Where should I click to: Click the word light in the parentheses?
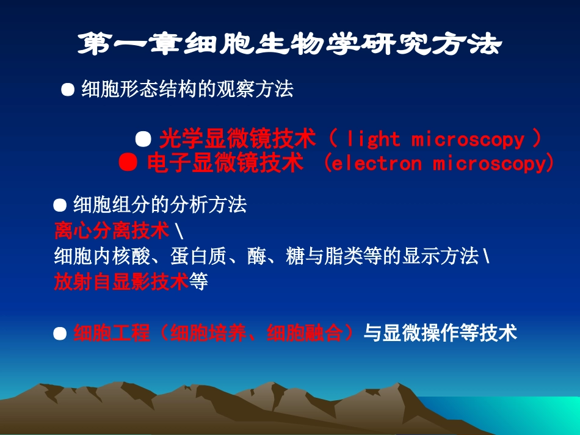(372, 140)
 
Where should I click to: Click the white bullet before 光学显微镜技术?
(143, 139)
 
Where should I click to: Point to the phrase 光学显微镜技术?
(237, 140)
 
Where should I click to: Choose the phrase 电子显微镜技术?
(225, 164)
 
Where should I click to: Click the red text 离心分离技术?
(111, 231)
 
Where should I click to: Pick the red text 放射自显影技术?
(120, 282)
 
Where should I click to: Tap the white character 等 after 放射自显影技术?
(198, 282)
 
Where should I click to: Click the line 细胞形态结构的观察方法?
(187, 90)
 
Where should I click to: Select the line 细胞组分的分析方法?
(160, 205)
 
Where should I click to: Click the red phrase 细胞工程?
(111, 333)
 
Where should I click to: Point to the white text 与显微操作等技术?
(440, 333)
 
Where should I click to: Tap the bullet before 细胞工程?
(60, 334)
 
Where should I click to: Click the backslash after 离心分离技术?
(176, 231)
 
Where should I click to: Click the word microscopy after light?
(468, 140)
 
